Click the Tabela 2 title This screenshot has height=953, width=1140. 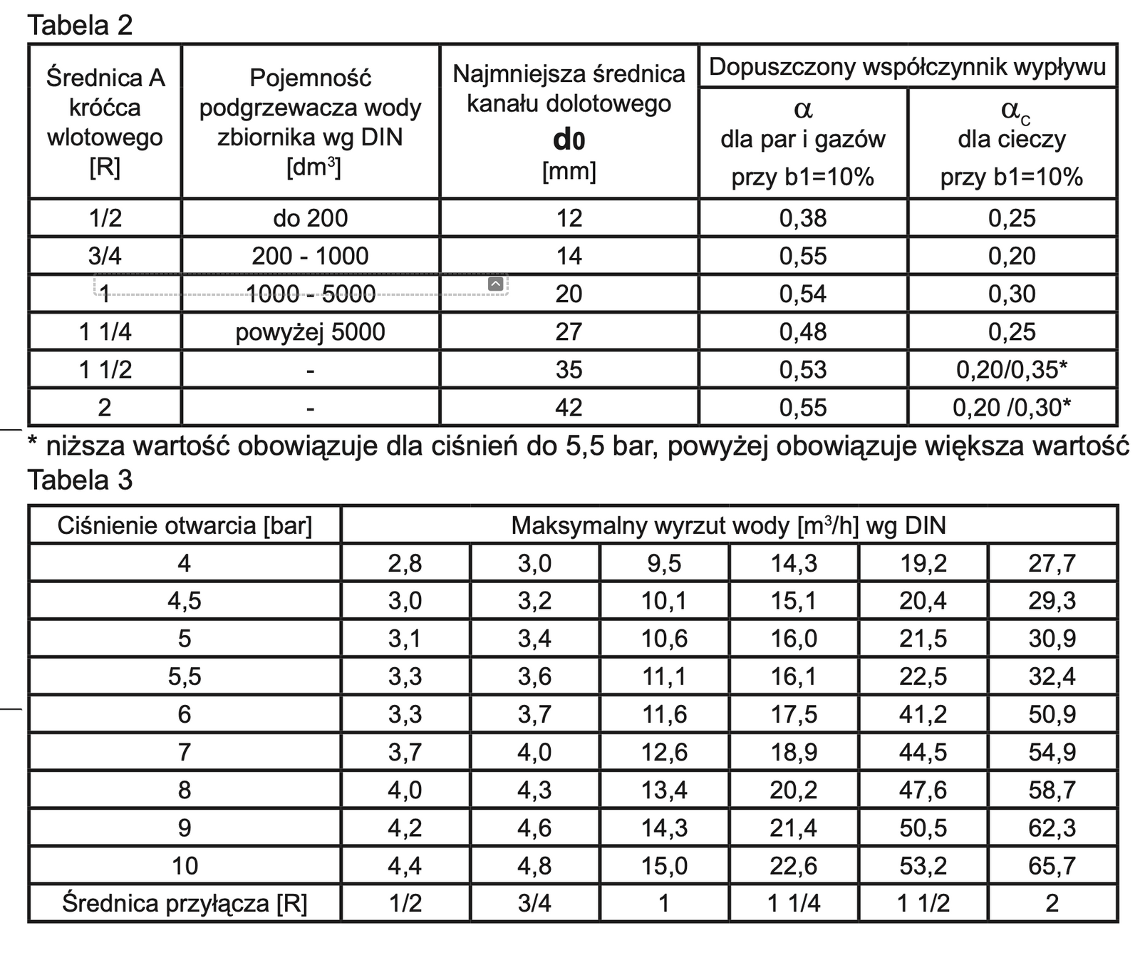[80, 25]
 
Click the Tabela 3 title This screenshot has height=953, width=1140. [80, 480]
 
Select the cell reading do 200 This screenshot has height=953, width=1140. [310, 218]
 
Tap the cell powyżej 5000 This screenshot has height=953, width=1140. [310, 332]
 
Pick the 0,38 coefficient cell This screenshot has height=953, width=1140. [803, 218]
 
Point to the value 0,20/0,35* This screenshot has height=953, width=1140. [1011, 370]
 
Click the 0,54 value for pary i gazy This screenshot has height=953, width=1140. [803, 294]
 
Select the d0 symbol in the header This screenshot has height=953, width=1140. [569, 140]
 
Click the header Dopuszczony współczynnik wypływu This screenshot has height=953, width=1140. [907, 67]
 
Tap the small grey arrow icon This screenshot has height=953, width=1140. [496, 284]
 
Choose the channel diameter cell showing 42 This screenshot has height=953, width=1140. [569, 408]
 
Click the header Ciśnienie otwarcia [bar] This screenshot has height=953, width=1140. [185, 526]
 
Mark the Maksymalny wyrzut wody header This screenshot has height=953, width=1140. [728, 526]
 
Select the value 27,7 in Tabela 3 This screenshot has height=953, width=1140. [1052, 564]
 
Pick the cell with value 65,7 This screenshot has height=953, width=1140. [1052, 866]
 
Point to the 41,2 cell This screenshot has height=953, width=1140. [923, 714]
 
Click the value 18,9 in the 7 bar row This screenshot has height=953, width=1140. [793, 752]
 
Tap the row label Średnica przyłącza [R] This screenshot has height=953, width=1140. [185, 904]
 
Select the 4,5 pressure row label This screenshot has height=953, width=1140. [185, 601]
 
